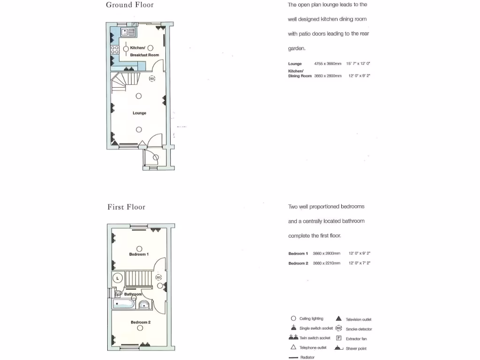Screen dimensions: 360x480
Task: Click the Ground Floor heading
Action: (x=130, y=5)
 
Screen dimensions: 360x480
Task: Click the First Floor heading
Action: (x=126, y=207)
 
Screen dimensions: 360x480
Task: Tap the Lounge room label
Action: (x=139, y=113)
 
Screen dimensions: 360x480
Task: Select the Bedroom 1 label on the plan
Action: (x=139, y=255)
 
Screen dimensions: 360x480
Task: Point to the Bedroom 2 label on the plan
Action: (x=140, y=322)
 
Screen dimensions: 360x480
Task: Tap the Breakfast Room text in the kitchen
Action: (x=144, y=55)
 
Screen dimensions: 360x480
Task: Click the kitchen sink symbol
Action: (x=128, y=32)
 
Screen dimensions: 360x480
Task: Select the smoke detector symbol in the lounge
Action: (x=152, y=79)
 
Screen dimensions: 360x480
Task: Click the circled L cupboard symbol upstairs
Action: (x=117, y=278)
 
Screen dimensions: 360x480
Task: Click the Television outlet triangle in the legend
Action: (x=338, y=319)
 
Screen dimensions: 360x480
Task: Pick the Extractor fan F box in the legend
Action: (x=338, y=338)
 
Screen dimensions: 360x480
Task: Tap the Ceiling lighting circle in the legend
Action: (x=293, y=318)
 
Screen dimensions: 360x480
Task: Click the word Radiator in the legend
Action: (x=307, y=357)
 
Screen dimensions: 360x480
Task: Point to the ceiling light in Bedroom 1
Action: (x=139, y=249)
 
